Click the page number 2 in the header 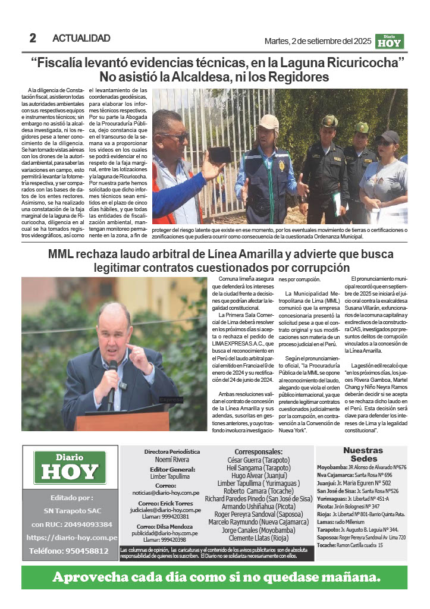(x=33, y=39)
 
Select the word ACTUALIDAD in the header (x=81, y=39)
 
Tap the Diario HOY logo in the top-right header (x=390, y=40)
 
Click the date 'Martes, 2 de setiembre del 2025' (x=318, y=41)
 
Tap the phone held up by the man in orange (x=219, y=155)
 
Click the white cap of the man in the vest (x=269, y=122)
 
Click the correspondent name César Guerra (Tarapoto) (x=258, y=460)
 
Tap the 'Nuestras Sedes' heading (x=363, y=454)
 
